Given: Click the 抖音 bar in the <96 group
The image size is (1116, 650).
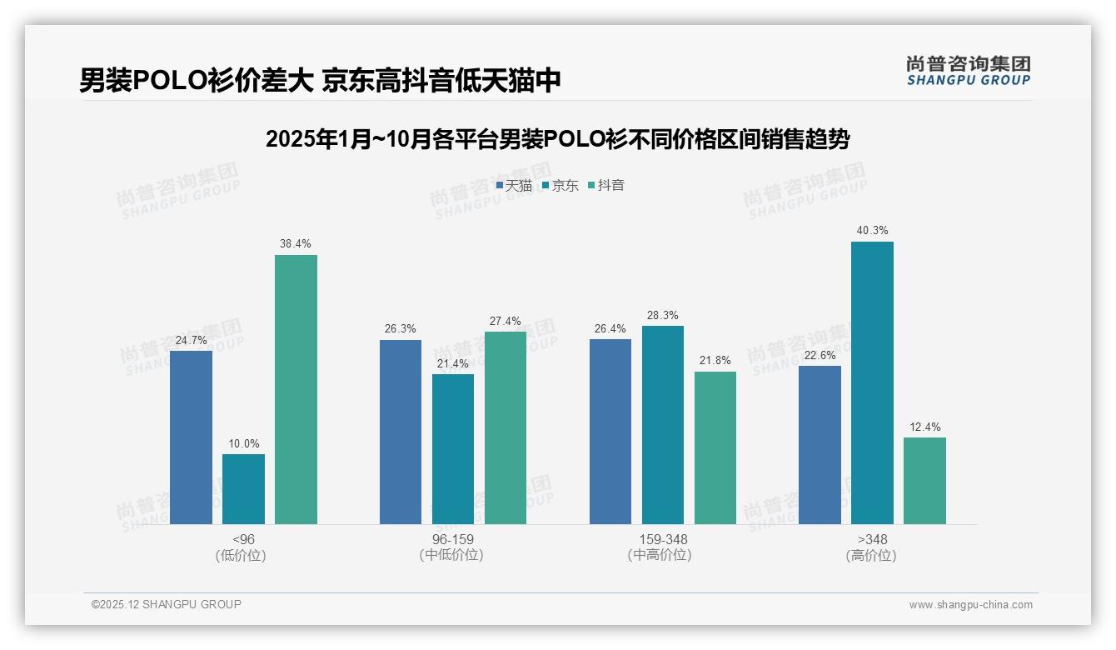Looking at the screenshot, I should point(296,389).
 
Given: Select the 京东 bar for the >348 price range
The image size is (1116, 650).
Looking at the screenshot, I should point(872,382).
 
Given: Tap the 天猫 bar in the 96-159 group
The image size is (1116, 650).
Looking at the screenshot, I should point(401,432).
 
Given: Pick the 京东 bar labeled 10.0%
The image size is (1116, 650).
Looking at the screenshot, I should point(243,489).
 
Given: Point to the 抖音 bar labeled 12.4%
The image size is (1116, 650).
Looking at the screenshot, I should point(924,481).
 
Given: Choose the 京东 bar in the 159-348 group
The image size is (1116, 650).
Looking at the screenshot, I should point(662,425).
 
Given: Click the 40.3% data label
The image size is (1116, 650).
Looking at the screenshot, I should point(872,231).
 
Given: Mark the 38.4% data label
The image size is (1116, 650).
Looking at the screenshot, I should point(296,244).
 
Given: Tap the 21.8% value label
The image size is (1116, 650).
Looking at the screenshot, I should point(715,361).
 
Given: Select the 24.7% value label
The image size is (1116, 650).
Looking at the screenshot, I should point(191,340).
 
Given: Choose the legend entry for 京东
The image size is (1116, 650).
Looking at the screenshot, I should point(560,186).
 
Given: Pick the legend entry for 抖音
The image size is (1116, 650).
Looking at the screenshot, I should point(606,186).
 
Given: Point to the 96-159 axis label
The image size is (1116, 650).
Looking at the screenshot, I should point(452,539).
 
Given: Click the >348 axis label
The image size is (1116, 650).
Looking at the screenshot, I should point(872,539).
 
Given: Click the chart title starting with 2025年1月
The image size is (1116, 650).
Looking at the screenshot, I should point(557,139).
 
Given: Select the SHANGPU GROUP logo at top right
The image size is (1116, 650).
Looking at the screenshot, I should point(968,71).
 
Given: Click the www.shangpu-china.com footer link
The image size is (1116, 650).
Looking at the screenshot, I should point(970,605).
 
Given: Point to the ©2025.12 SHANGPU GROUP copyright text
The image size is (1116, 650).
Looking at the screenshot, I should point(166,604).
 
